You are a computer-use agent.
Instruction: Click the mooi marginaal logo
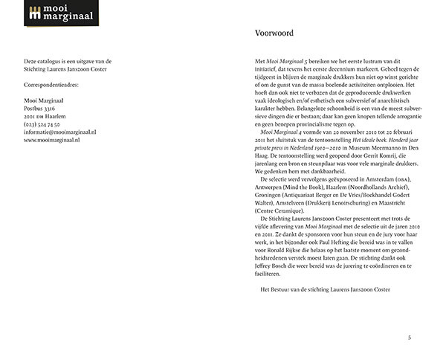[56, 13]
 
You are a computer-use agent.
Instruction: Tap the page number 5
[410, 337]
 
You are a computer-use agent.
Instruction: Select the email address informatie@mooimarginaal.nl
[59, 132]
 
